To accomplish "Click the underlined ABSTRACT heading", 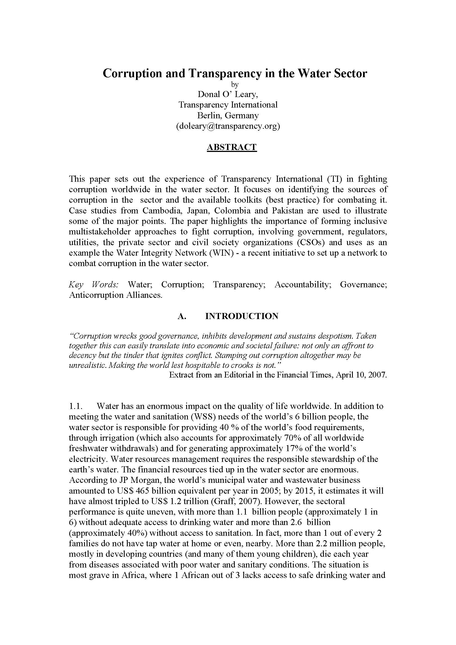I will point(231,147).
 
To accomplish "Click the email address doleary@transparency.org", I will point(228,126).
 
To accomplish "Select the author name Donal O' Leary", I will point(228,94).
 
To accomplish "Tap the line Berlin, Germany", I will point(228,116).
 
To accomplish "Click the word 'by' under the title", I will point(234,84).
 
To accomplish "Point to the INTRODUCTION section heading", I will point(242,316).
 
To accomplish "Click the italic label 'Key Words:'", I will point(94,285).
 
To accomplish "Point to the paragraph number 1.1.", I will point(75,406).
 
